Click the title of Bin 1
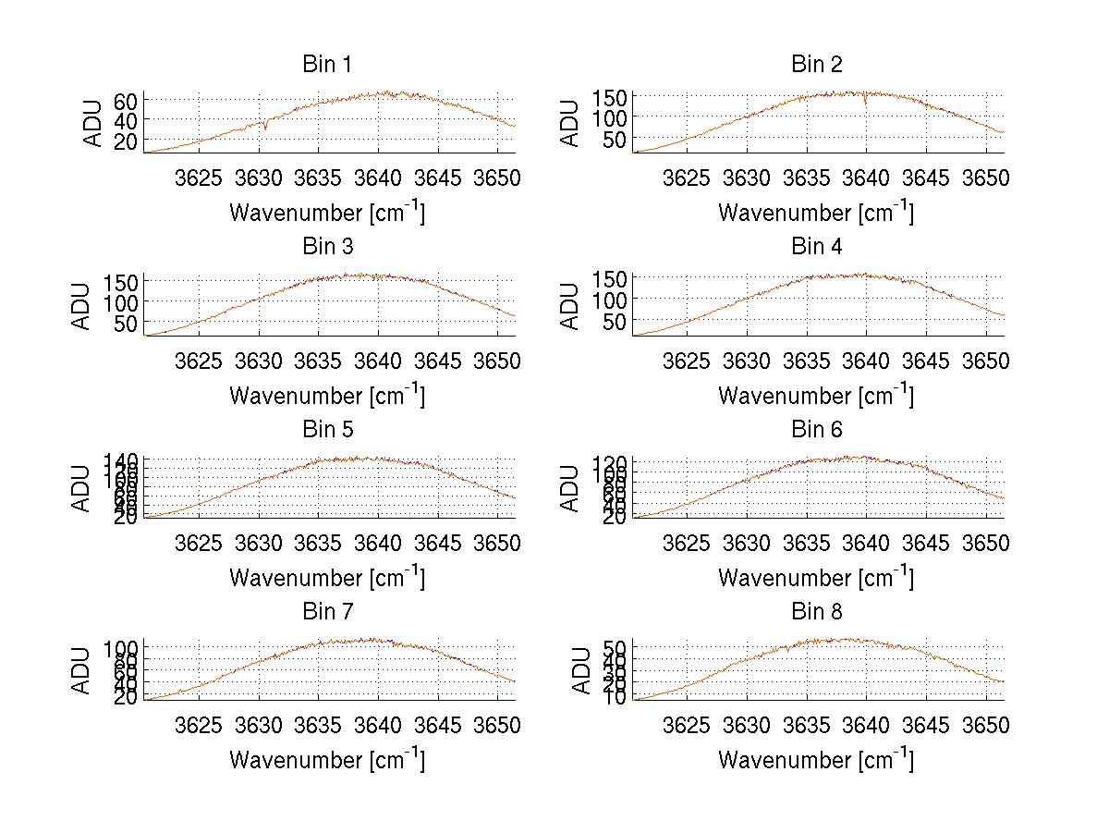[x=327, y=65]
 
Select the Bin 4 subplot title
[x=817, y=247]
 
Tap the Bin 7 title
[x=327, y=612]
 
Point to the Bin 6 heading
[x=817, y=430]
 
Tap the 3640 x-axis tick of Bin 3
[x=378, y=360]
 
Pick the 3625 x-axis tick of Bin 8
[x=688, y=725]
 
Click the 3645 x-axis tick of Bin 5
[x=438, y=543]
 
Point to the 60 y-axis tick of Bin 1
[x=126, y=100]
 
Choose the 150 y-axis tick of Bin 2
[x=610, y=96]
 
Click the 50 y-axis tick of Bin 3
[x=126, y=323]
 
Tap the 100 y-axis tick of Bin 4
[x=610, y=300]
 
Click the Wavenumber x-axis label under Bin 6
[x=816, y=578]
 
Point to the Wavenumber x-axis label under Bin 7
[x=327, y=760]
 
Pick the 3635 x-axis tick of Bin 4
[x=808, y=360]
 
